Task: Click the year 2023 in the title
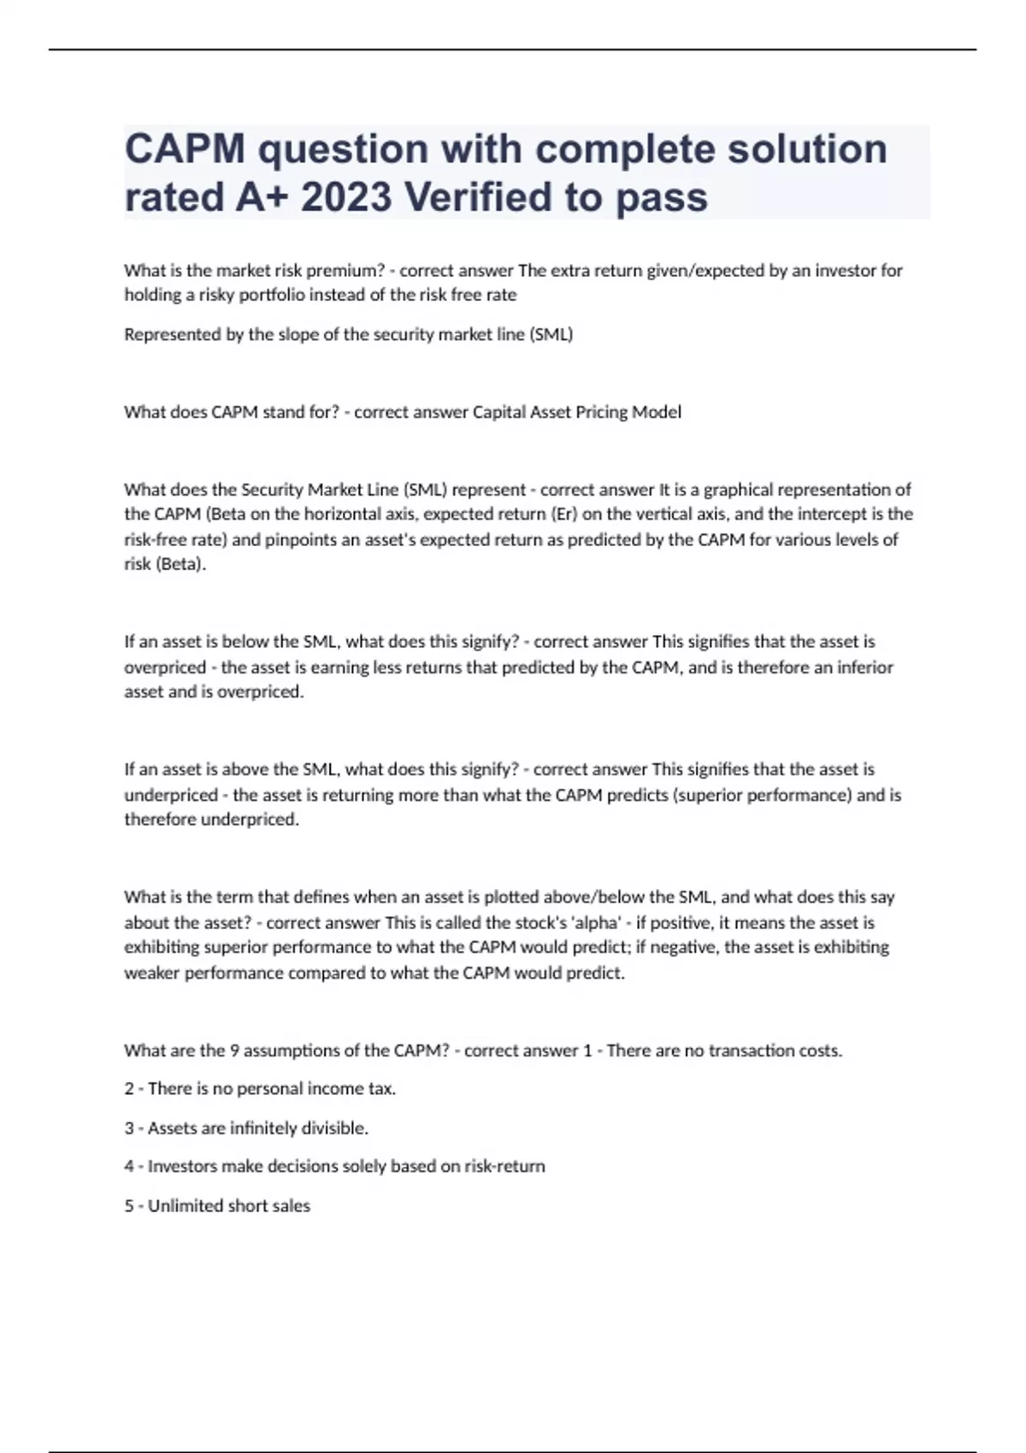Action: pos(346,197)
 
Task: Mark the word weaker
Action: pos(152,973)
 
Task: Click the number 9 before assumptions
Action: pos(234,1050)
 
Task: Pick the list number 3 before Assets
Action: pos(129,1128)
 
